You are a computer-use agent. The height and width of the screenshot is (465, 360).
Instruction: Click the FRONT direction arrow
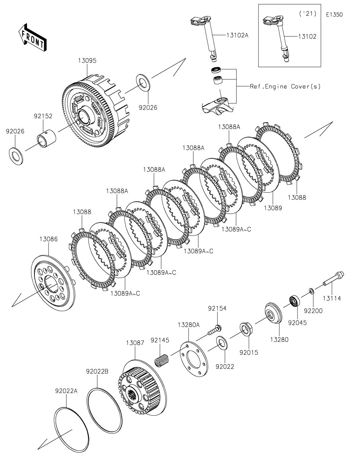32,37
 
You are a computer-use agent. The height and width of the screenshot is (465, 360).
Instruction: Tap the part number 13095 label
87,60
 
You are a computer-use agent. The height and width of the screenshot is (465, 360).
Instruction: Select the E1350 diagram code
334,15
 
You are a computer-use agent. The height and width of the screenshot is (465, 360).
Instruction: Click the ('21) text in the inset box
308,14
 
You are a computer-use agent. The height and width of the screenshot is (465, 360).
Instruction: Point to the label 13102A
238,35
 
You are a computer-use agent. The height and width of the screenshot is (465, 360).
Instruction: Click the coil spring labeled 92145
162,361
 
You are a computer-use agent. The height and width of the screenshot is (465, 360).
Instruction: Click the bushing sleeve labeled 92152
47,138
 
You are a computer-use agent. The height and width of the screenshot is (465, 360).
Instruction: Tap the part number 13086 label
49,239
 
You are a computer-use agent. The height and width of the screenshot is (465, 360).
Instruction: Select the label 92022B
97,371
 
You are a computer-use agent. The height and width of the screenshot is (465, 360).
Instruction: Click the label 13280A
189,325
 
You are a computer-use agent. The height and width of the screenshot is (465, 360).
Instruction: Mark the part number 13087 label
135,343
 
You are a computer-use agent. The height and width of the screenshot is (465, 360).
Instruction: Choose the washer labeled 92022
222,343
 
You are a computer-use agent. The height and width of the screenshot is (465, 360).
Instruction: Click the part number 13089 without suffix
273,208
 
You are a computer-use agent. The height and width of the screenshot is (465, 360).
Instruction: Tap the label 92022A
66,391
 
